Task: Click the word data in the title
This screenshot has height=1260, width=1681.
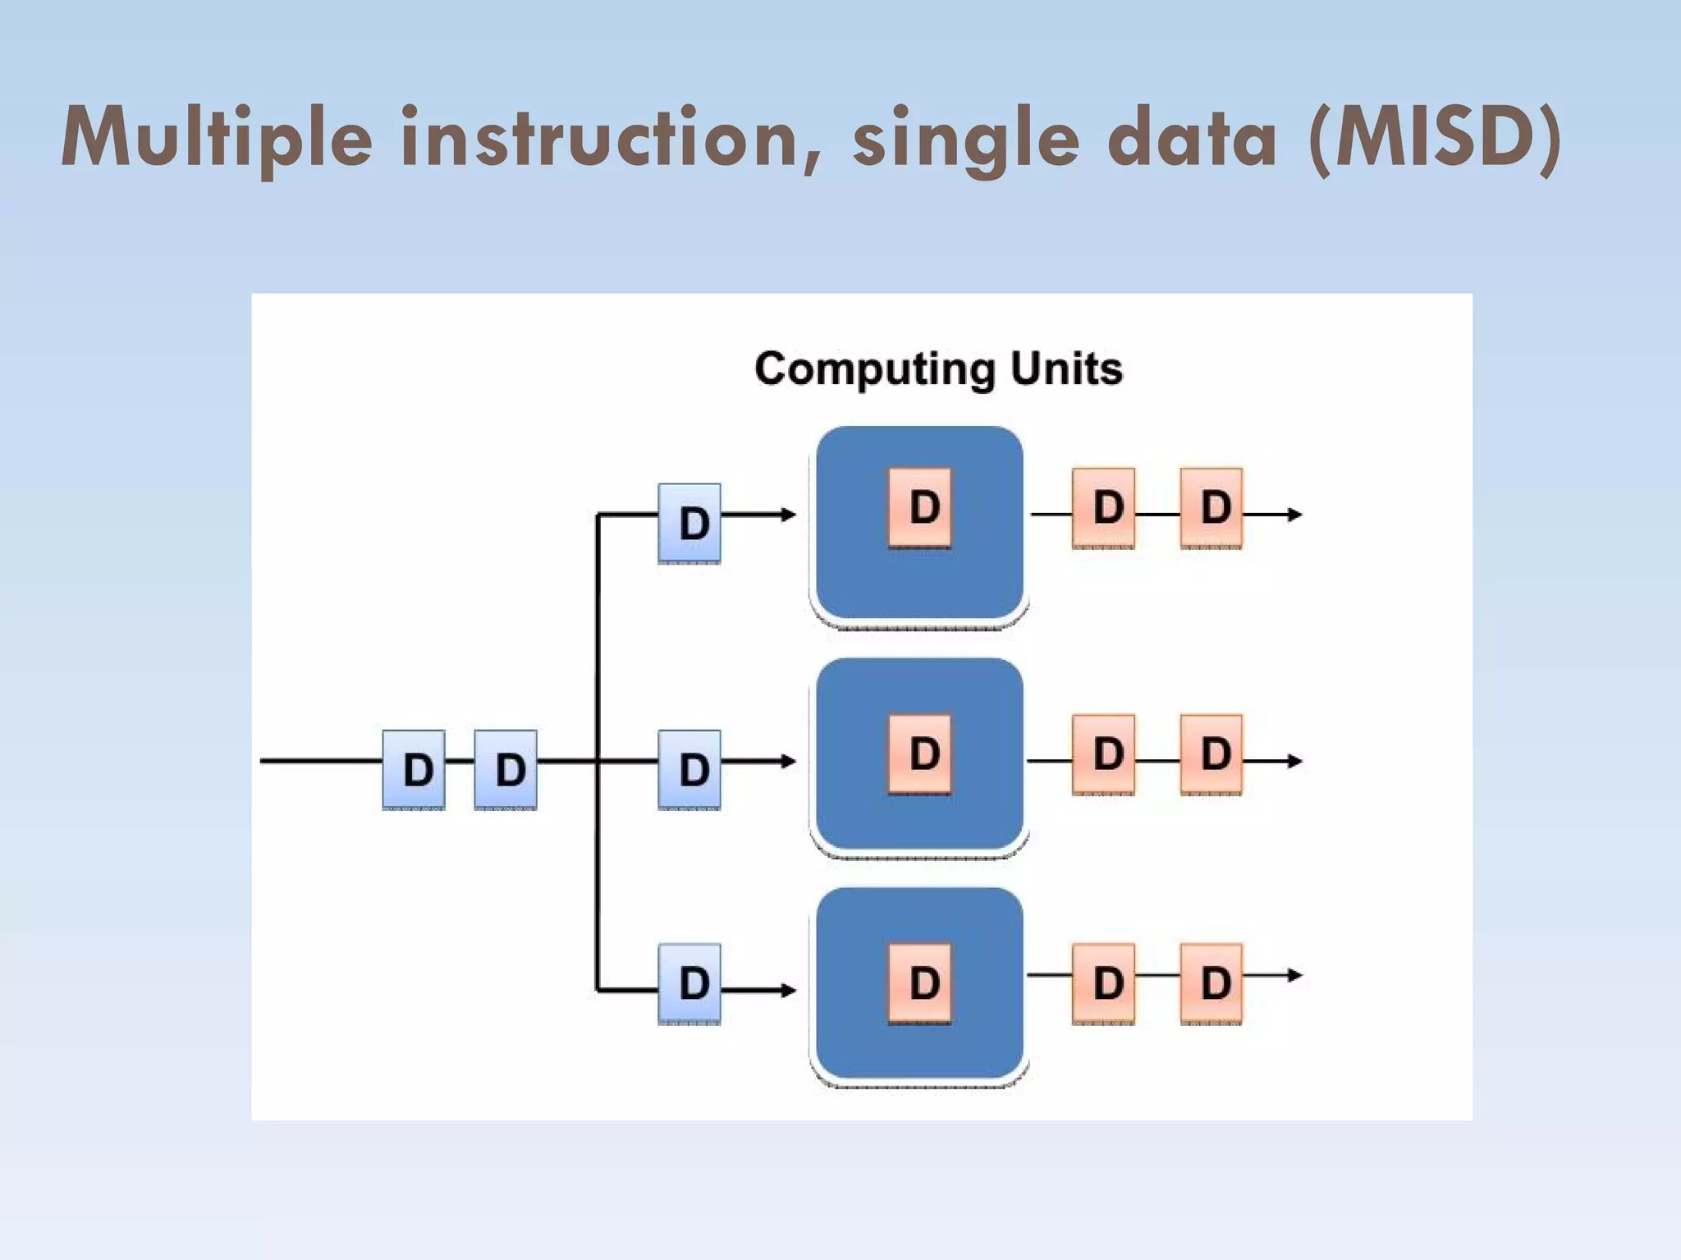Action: click(x=1192, y=138)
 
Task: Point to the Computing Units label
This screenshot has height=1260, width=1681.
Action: click(x=938, y=369)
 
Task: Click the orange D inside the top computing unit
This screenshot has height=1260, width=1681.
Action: click(x=920, y=507)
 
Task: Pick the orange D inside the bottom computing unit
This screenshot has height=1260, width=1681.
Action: click(x=920, y=983)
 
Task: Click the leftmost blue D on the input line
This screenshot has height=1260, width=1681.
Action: click(x=415, y=769)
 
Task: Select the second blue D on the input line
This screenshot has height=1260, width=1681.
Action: click(x=506, y=769)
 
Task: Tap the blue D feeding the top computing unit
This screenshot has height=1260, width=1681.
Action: click(x=689, y=523)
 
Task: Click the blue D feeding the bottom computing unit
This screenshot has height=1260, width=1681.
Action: click(x=689, y=983)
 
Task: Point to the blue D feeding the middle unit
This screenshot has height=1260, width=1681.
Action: click(x=689, y=769)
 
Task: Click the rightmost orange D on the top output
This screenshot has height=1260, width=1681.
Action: click(x=1212, y=507)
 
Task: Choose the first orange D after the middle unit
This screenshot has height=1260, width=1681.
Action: click(x=1104, y=754)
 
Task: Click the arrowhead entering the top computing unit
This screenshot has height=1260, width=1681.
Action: click(x=789, y=515)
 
